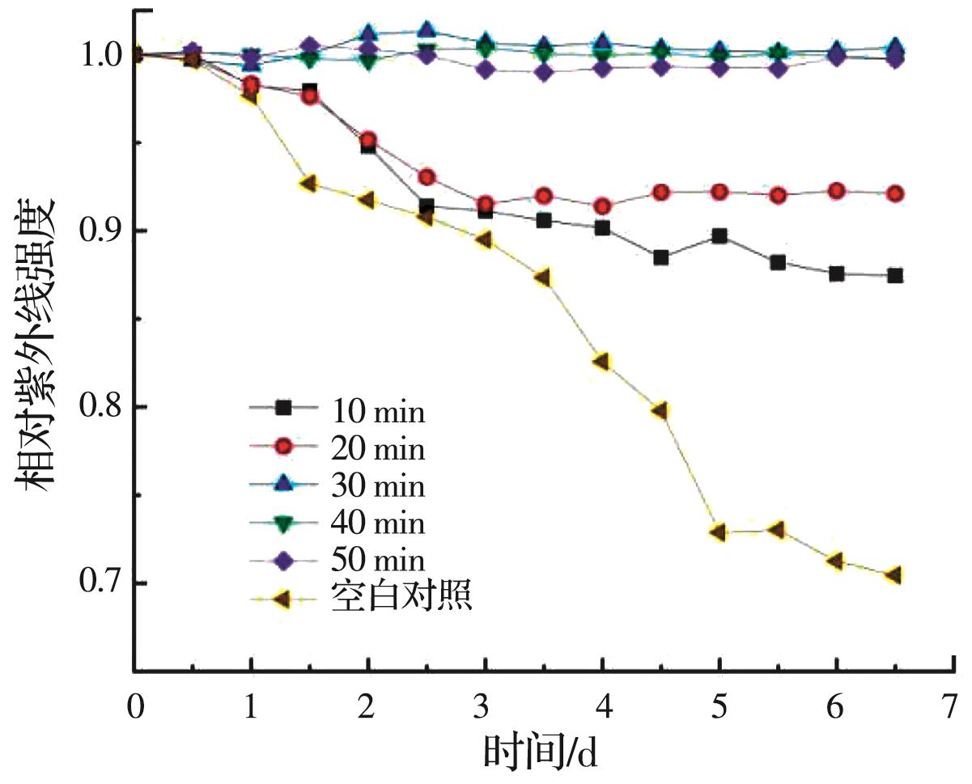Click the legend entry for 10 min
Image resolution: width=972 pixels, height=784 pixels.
tap(377, 412)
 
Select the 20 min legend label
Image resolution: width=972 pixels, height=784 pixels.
tap(377, 449)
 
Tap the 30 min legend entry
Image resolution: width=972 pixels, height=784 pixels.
tap(377, 486)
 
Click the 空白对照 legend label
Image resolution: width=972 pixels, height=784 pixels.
tap(401, 598)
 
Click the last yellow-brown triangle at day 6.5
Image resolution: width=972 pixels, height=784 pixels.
tap(894, 575)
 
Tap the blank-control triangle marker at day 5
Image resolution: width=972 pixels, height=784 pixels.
tap(719, 532)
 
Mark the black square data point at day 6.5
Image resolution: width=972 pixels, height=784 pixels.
tap(895, 276)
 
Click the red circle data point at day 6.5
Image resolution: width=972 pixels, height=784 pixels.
tap(895, 193)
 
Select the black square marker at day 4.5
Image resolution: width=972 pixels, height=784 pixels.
tap(661, 258)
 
